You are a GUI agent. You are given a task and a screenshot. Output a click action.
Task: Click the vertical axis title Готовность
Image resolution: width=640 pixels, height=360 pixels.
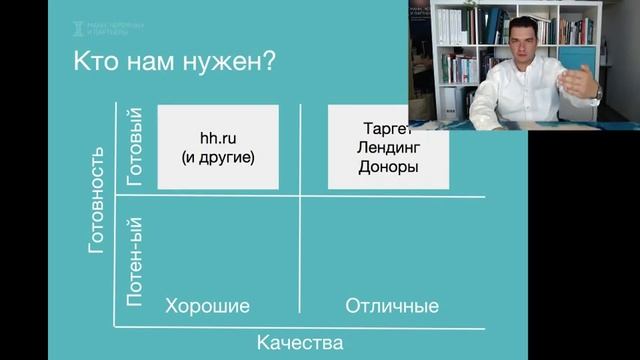click(x=97, y=199)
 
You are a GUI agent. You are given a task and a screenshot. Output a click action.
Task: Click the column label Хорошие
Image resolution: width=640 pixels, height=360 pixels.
click(x=207, y=305)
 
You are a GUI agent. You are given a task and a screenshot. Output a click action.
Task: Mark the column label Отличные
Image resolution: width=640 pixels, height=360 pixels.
click(x=392, y=305)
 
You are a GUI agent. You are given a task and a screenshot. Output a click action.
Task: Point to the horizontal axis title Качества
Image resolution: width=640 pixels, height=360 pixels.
click(x=300, y=343)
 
